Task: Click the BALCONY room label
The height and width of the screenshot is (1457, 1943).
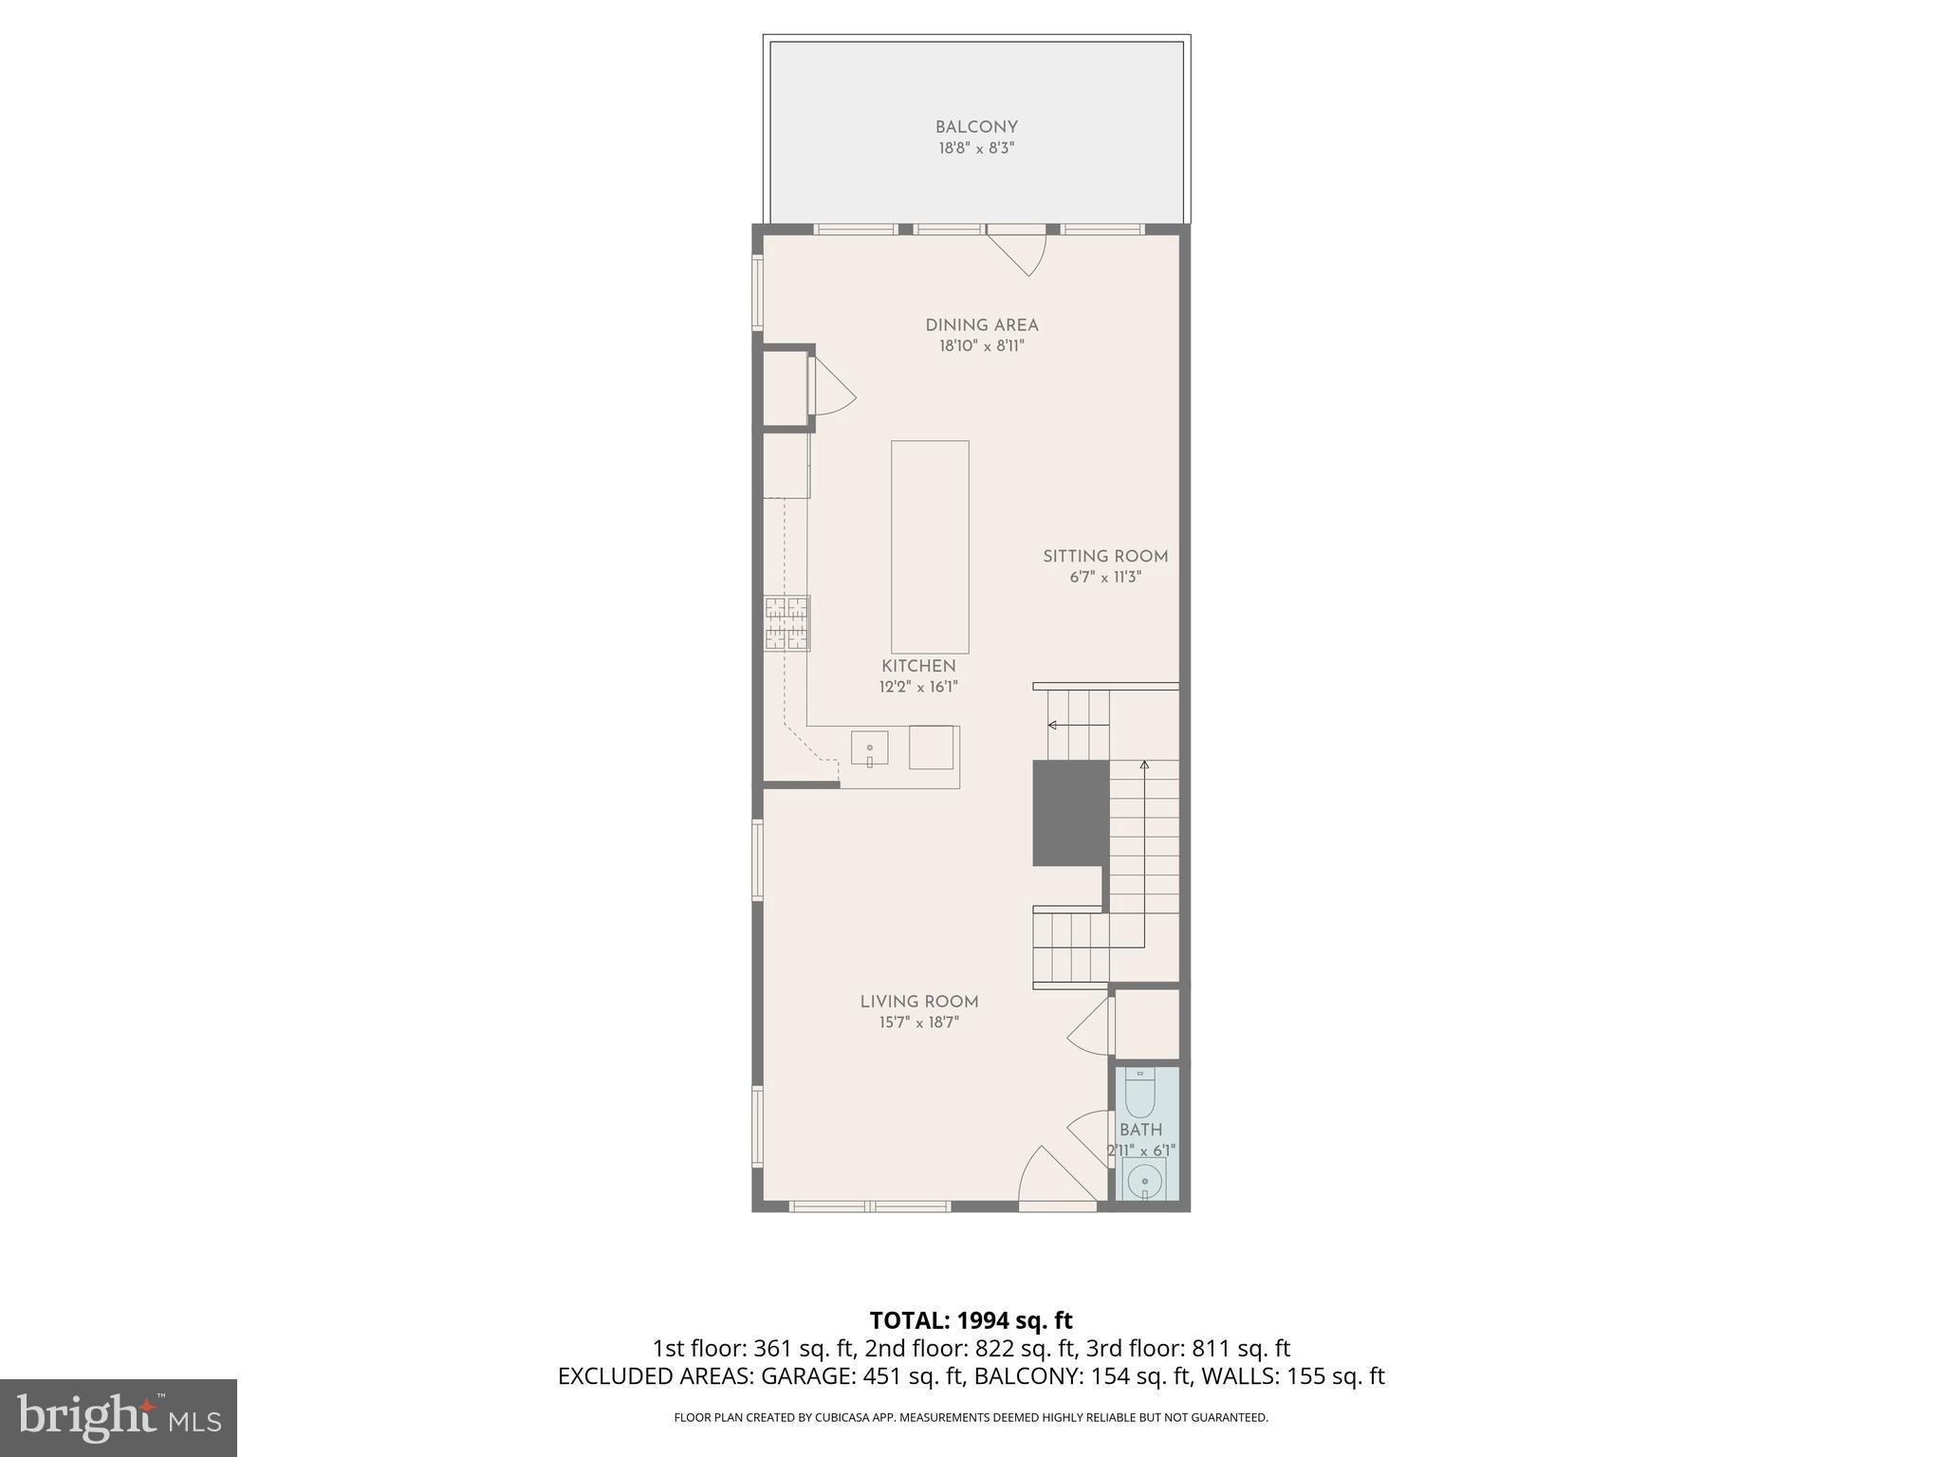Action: click(x=976, y=127)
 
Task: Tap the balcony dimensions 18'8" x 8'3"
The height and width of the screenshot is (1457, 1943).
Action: click(x=976, y=149)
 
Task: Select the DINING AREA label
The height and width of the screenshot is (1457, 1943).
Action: click(x=982, y=325)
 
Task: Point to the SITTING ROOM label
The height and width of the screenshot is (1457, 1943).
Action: click(x=1105, y=557)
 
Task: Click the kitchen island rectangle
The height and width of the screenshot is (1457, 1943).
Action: click(x=930, y=546)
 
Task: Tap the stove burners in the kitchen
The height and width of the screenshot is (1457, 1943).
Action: click(x=787, y=623)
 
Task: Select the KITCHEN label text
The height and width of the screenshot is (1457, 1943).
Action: click(x=918, y=666)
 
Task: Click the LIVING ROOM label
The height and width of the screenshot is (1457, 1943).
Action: click(x=919, y=1002)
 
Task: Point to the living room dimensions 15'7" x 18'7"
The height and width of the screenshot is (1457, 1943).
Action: click(x=919, y=1023)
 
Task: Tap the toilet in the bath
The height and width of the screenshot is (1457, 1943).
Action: click(x=1138, y=1095)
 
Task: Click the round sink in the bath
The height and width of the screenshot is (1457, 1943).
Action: click(x=1145, y=1182)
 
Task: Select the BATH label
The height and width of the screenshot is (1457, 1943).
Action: click(x=1140, y=1130)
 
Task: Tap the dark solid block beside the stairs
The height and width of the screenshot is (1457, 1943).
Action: click(x=1070, y=812)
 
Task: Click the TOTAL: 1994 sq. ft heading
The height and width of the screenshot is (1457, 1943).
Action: click(x=971, y=1320)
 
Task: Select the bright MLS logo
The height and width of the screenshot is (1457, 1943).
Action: click(x=119, y=1417)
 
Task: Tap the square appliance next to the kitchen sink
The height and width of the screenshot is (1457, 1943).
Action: click(x=931, y=747)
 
